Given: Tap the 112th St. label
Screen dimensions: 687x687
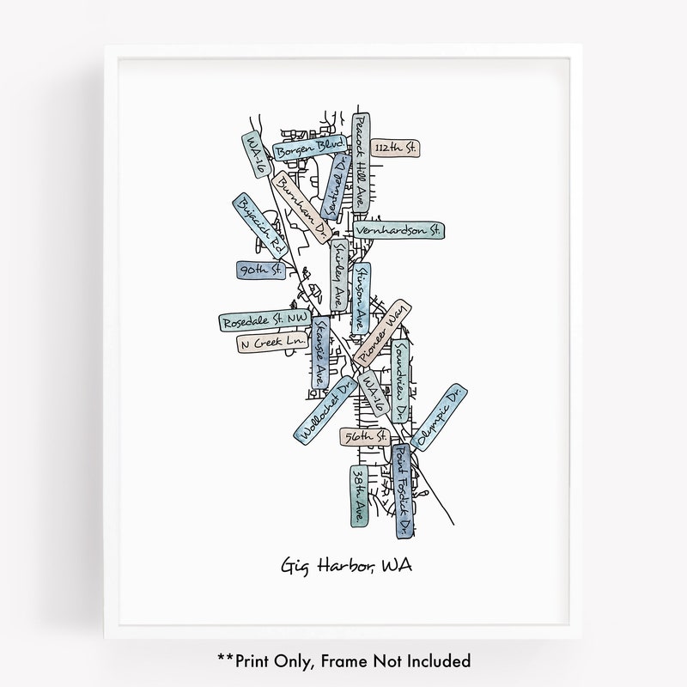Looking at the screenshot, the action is click(400, 149).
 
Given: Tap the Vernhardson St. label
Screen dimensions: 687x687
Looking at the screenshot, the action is click(398, 230).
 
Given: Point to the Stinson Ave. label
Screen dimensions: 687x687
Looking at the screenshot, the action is click(362, 298).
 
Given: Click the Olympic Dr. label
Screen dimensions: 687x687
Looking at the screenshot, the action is click(439, 417).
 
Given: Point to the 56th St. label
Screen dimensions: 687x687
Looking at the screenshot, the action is click(364, 437).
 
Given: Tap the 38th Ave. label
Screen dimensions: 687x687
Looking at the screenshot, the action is click(360, 495).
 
